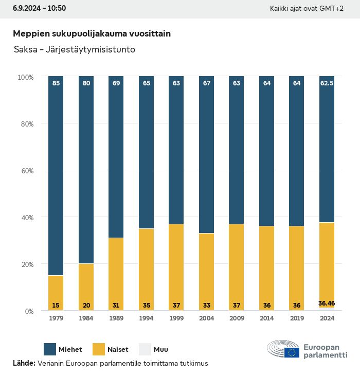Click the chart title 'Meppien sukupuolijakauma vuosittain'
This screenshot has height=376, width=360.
point(92,33)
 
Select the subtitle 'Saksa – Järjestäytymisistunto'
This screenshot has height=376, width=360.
point(74,50)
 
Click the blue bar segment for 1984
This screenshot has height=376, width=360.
point(86,170)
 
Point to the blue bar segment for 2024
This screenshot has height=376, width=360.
point(327,149)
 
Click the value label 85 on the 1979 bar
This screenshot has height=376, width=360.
point(56,82)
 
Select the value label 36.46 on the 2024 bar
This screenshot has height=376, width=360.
point(327,303)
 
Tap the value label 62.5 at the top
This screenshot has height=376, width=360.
point(327,82)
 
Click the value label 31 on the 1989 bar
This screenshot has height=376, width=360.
point(116,306)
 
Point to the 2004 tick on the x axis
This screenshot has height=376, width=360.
point(206,318)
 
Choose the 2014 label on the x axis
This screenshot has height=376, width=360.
point(266,318)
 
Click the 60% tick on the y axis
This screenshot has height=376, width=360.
point(26,170)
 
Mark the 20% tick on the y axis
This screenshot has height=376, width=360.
point(26,264)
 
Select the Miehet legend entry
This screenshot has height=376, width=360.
point(63,350)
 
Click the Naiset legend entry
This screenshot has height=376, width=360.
point(110,350)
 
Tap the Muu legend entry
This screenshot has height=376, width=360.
point(153,350)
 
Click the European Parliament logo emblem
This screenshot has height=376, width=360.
point(283,350)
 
